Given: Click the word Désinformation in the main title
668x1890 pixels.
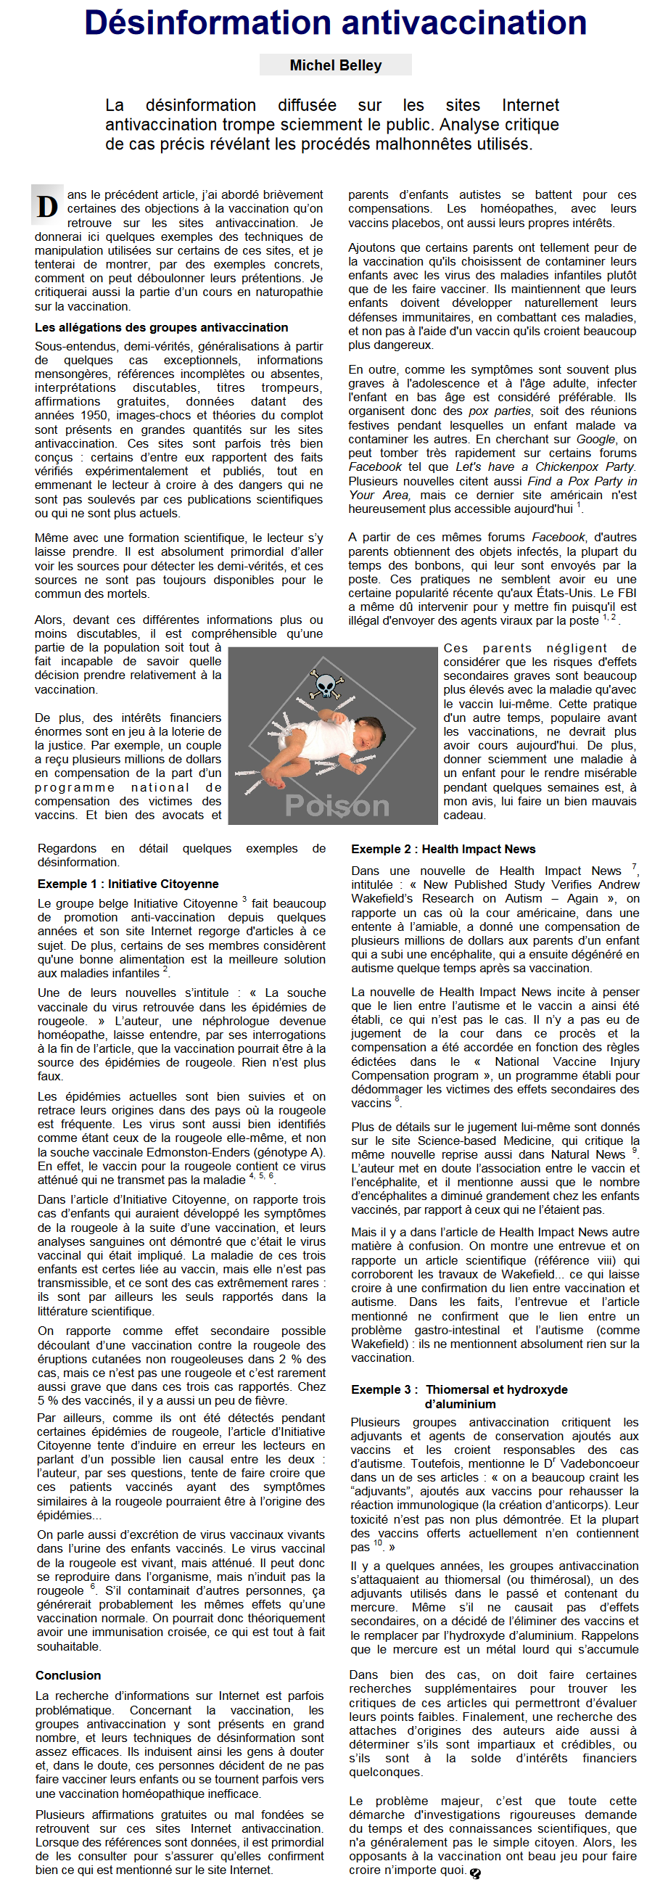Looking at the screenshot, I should click(207, 23).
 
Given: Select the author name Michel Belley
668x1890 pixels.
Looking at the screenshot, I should click(335, 65).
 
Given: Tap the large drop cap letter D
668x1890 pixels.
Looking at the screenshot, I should click(48, 207).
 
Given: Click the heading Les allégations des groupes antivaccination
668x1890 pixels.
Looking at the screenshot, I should click(161, 327).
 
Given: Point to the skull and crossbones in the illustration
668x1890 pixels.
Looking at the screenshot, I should click(325, 686).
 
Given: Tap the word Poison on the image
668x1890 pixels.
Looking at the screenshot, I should click(337, 805).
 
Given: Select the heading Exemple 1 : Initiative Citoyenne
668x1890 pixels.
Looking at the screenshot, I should click(128, 884).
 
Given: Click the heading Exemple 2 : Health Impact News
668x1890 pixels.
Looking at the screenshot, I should click(443, 849).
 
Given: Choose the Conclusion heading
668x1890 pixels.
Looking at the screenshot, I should click(68, 1675).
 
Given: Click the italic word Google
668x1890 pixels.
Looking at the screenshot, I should click(595, 439).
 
